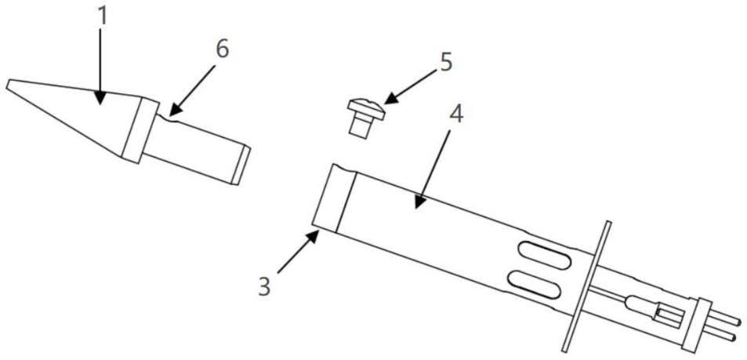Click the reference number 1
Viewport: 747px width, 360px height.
pos(103,16)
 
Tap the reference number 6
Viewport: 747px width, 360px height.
pos(223,49)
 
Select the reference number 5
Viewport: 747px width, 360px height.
pos(445,64)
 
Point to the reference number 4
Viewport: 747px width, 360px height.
pos(456,115)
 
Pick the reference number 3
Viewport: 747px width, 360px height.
pos(264,288)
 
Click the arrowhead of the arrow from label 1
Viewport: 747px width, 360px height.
pos(100,98)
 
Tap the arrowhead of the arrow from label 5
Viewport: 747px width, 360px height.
pos(390,99)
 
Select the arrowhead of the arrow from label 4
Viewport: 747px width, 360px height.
pos(419,202)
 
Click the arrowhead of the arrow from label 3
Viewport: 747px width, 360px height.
pos(314,235)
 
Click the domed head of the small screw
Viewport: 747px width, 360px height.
pos(365,107)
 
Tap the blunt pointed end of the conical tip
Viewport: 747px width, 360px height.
pos(8,85)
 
